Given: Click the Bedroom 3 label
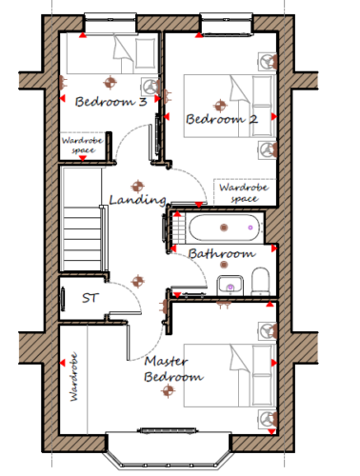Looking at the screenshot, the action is (x=110, y=102).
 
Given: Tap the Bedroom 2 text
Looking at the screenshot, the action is (x=222, y=119).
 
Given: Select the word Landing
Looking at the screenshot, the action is (x=137, y=200).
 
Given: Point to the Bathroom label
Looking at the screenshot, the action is (x=222, y=253).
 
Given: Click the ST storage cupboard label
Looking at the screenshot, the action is (x=90, y=298).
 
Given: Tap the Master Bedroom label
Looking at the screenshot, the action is (x=173, y=369).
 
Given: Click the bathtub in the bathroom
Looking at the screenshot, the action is (x=224, y=228).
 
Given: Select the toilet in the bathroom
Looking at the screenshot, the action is (x=261, y=281).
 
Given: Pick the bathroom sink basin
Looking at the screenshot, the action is (x=230, y=286).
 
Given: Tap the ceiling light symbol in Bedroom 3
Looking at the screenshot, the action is (x=110, y=83).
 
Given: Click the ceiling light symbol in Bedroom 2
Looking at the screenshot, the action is (x=220, y=106).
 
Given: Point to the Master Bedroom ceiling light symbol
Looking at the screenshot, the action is (x=168, y=390).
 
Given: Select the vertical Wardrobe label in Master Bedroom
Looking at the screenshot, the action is (x=73, y=377).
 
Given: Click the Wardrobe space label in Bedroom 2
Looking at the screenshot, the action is (x=244, y=192).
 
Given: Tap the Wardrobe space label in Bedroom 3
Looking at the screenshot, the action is (x=83, y=145).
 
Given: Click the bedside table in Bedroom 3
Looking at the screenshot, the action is (x=150, y=87).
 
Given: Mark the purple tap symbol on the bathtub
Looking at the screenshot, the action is (x=250, y=228).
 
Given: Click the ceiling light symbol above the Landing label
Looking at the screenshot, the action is (x=137, y=187).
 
